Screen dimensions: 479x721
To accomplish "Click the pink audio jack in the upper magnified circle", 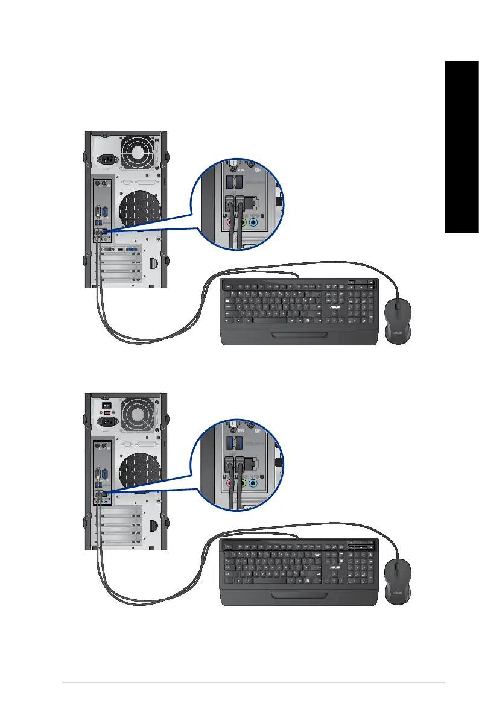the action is point(230,222).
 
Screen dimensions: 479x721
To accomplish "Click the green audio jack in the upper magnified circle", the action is point(242,222).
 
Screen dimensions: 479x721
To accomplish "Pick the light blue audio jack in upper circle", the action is point(254,222).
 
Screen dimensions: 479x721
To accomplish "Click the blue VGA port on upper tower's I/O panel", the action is point(106,212).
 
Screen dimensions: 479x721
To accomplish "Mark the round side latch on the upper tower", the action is point(153,263).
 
